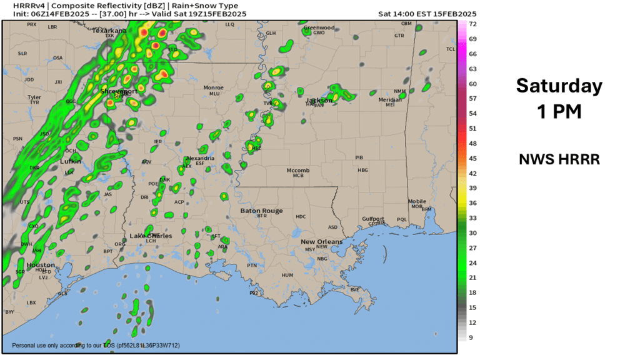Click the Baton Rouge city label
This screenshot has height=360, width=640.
(x=261, y=211)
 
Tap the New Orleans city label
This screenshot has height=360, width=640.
(x=321, y=242)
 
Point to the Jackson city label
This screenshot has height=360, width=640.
(x=319, y=100)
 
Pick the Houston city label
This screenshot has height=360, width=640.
(x=40, y=265)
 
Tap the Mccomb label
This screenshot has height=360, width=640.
(x=298, y=170)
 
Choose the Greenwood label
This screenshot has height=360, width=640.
(x=319, y=27)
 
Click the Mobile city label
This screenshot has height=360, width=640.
(x=417, y=201)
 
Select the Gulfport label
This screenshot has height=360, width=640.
(x=373, y=219)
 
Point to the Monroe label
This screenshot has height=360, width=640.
(x=214, y=88)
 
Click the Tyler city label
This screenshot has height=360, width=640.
(x=34, y=97)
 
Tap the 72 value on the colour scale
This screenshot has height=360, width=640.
(x=473, y=24)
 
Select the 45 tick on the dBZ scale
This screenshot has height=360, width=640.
(x=473, y=158)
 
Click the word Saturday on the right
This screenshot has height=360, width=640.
(x=559, y=86)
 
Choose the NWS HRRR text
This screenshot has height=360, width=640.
(x=559, y=159)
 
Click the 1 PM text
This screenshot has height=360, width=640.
(x=559, y=111)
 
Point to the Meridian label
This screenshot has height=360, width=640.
(x=390, y=100)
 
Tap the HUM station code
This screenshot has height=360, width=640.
(x=287, y=275)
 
